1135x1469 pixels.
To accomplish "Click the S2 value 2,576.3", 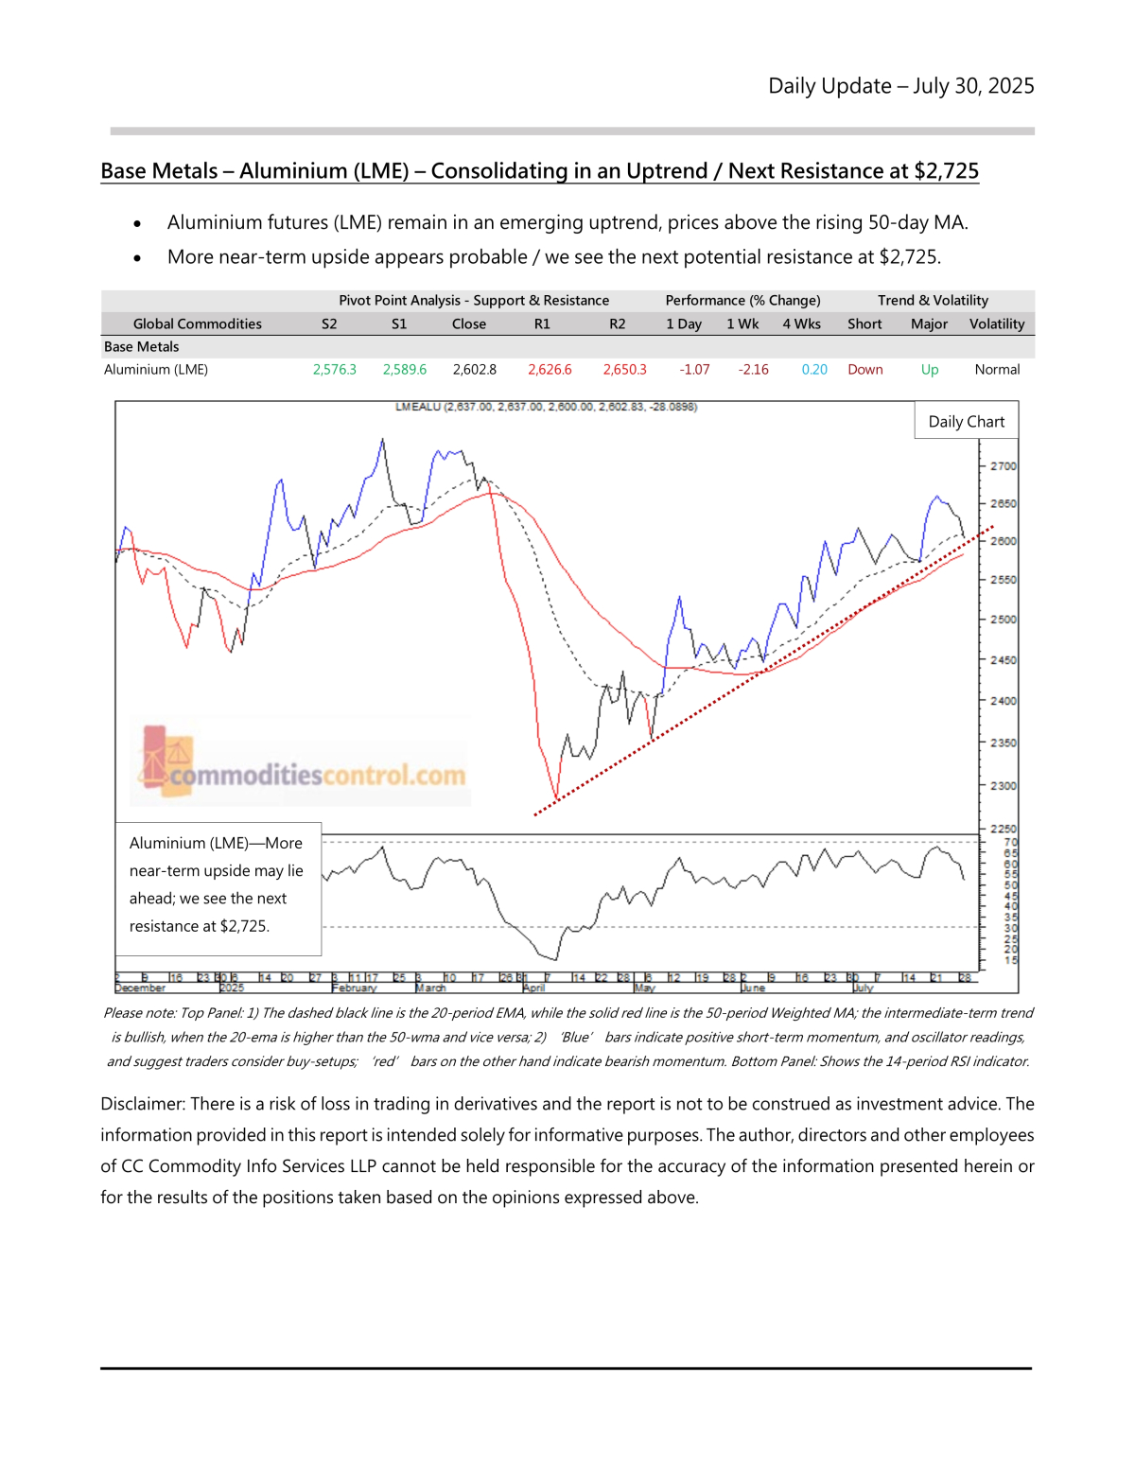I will (x=335, y=370).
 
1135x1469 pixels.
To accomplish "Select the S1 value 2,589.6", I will (x=405, y=370).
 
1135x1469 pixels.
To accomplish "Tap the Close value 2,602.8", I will (x=475, y=370).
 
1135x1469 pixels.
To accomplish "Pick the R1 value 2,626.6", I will (x=550, y=370).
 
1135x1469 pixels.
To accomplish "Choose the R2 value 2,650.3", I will (x=625, y=370).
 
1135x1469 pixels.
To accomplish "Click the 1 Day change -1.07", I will (x=695, y=370).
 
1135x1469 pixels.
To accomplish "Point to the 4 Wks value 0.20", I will (x=814, y=370).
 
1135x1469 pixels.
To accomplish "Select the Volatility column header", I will (x=997, y=324).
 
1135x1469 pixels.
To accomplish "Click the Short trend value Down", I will (x=865, y=370).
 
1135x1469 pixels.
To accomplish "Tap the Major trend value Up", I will (x=930, y=370).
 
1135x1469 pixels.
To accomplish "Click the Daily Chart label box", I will (x=967, y=422).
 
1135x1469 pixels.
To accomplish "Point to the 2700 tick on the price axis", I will (x=1003, y=466).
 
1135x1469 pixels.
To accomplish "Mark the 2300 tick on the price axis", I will (x=1003, y=786).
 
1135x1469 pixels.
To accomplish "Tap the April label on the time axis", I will (x=534, y=988).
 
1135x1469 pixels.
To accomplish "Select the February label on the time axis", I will (x=355, y=988).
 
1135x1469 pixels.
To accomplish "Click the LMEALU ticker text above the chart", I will (x=417, y=407).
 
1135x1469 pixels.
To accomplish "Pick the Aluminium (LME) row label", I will (x=156, y=370).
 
